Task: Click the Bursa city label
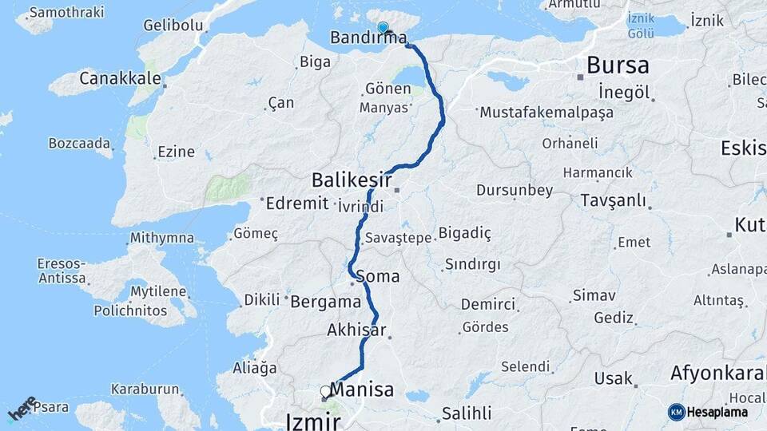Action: coord(618,65)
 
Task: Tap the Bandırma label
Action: coord(368,38)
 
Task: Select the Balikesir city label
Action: coord(352,177)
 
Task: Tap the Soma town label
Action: coord(381,276)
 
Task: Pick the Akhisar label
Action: coord(356,330)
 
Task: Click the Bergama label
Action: coord(325,302)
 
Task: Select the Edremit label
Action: coord(298,203)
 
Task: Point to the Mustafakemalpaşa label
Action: coord(546,113)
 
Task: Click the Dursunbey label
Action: coord(515,190)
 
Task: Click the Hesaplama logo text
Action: coord(717,412)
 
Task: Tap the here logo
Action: coord(22,408)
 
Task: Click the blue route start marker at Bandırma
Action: coord(383,27)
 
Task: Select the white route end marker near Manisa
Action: coord(325,391)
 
